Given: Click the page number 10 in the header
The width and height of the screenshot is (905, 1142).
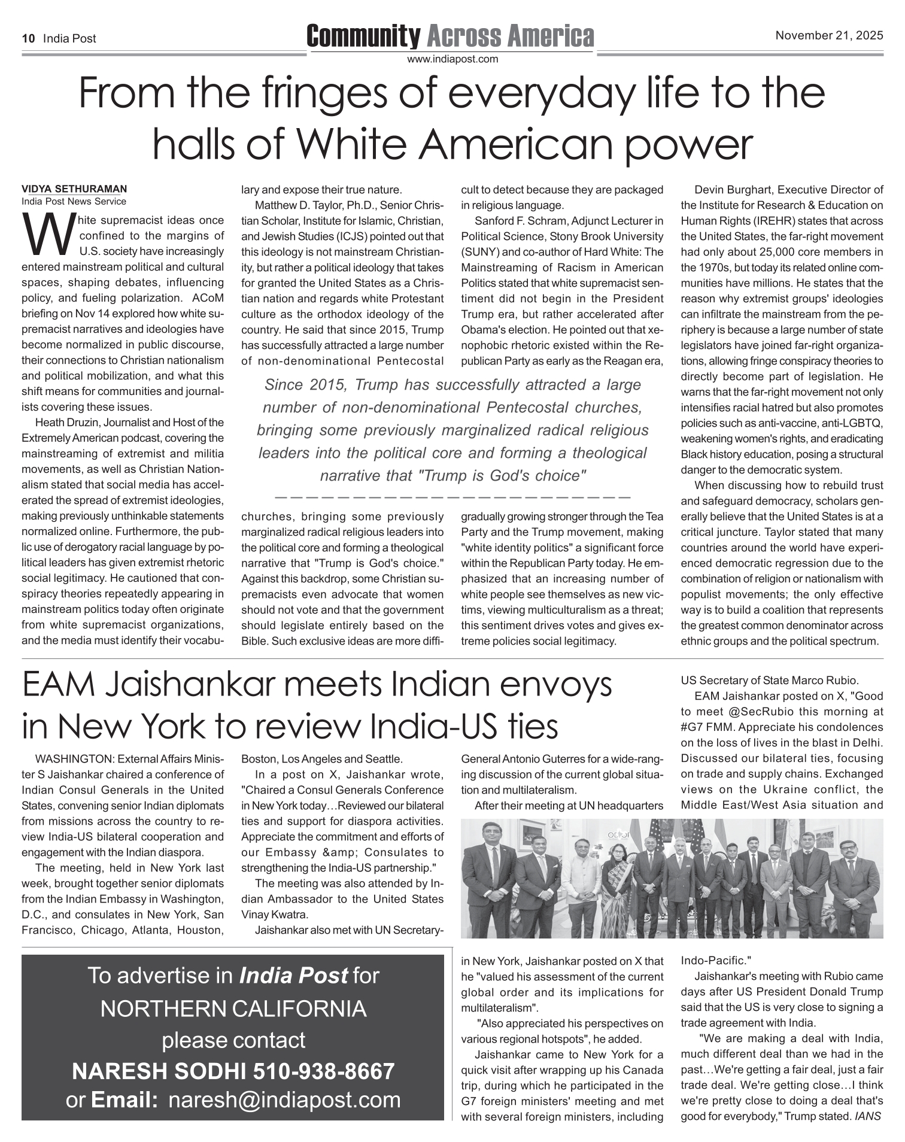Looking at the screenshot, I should click(x=28, y=39).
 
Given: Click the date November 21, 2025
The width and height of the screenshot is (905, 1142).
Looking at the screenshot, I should click(x=829, y=35).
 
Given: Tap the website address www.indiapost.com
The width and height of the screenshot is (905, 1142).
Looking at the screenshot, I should click(x=452, y=59).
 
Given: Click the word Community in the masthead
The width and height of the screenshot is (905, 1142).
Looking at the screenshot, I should click(x=363, y=37).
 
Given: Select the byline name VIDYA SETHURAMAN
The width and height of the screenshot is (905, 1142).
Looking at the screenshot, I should click(x=74, y=189).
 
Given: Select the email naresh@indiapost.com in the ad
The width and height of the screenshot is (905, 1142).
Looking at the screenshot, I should click(x=285, y=1100).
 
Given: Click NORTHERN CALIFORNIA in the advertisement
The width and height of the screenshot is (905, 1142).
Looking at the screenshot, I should click(x=233, y=1009).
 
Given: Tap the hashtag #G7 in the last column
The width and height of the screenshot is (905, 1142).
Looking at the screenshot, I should click(x=694, y=727).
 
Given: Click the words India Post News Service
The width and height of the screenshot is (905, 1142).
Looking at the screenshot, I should click(x=74, y=201).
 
